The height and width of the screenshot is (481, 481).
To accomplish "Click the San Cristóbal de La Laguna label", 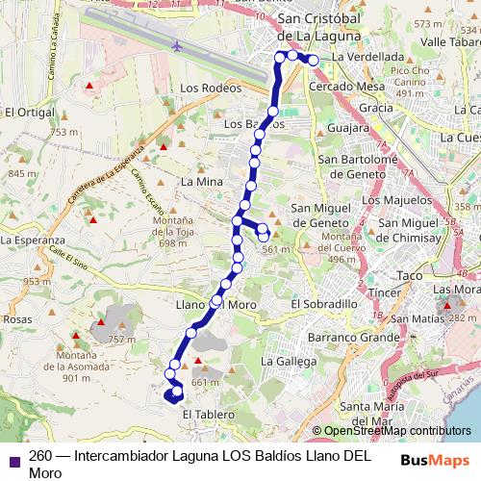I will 318,29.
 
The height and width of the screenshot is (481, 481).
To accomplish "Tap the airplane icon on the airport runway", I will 177,45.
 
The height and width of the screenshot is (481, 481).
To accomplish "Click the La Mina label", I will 201,181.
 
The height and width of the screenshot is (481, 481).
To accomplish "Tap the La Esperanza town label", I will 32,240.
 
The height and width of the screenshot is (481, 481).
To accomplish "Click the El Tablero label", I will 202,415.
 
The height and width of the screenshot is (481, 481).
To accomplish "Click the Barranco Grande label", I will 353,338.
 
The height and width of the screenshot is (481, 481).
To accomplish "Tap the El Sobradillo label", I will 323,303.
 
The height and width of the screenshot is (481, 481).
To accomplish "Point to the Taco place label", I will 410,275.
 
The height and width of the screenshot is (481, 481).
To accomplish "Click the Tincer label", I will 384,292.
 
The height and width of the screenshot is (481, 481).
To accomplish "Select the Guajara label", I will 348,127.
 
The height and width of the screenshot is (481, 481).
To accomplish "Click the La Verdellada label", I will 367,57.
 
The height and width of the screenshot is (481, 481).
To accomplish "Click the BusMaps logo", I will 436,460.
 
